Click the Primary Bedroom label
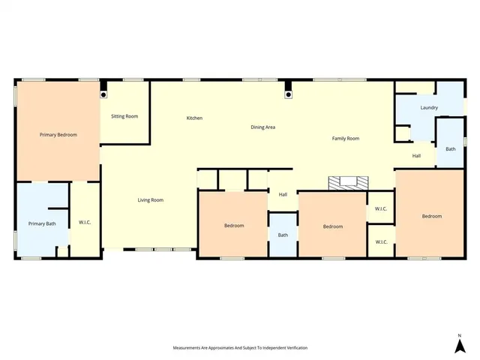tap(58, 135)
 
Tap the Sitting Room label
tap(124, 116)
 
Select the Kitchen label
tap(194, 118)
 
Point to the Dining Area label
tap(262, 127)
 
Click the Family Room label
tap(346, 139)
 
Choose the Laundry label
tap(429, 108)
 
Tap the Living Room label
tap(150, 200)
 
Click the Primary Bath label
tap(41, 223)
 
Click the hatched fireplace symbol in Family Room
tap(349, 181)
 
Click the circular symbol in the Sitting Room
tap(103, 95)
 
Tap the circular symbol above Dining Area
tap(288, 95)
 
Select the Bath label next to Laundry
tap(450, 149)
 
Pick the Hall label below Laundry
tap(416, 156)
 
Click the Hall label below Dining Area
tap(283, 195)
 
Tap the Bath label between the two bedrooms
tap(283, 235)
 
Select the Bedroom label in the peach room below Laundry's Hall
tap(431, 217)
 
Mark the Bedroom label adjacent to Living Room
tap(234, 226)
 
